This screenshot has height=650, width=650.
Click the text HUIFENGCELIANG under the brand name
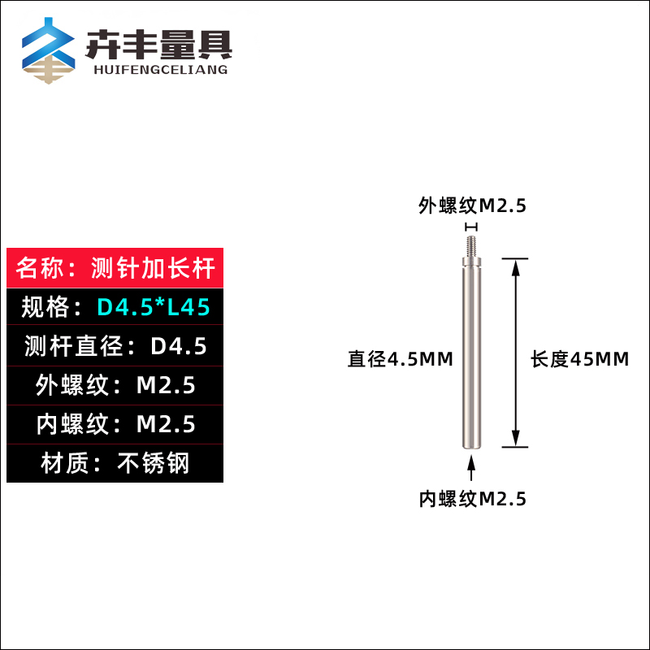pos(157,70)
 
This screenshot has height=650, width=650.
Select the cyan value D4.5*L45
pos(154,308)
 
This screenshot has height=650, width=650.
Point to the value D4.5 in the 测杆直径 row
pos(179,347)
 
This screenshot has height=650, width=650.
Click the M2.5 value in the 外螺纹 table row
pos(166,386)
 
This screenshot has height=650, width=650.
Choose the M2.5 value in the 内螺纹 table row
pos(166,424)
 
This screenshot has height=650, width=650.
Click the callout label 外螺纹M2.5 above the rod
pos(472,206)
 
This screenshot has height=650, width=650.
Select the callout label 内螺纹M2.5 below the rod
pos(472,499)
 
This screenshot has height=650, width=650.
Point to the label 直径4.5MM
pos(400,359)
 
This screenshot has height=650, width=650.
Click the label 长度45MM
pos(579,359)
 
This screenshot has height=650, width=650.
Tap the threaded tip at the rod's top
pos(470,245)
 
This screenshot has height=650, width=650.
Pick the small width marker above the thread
pos(470,226)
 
